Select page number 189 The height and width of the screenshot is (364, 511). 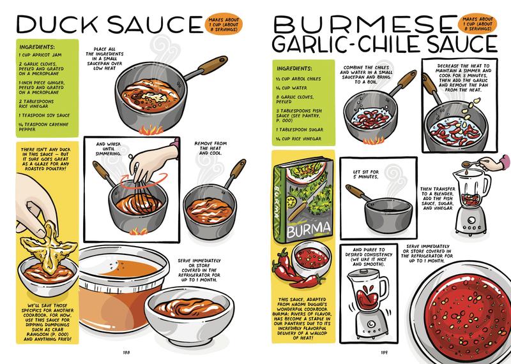pos(381,349)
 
